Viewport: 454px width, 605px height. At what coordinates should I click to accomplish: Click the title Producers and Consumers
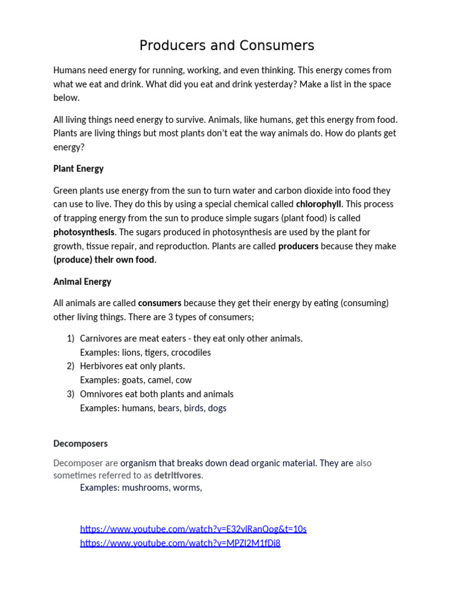tap(226, 45)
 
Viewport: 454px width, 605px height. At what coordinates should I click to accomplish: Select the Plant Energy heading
tap(78, 168)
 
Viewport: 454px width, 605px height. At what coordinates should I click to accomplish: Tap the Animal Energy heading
tap(82, 282)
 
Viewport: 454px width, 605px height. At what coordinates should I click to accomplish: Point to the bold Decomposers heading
tap(80, 443)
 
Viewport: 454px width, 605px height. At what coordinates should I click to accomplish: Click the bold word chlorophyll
tap(319, 204)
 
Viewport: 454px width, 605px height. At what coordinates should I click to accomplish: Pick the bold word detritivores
tap(177, 476)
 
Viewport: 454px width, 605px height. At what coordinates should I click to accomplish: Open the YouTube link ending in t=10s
tap(193, 529)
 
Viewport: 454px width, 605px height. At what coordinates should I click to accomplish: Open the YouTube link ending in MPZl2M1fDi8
tap(180, 543)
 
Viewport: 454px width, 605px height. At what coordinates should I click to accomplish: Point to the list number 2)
tap(70, 366)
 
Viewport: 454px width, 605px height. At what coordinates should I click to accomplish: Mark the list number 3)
tap(70, 394)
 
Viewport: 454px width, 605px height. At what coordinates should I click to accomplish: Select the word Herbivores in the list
tap(102, 366)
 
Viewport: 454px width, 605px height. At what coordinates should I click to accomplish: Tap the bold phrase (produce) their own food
tap(105, 260)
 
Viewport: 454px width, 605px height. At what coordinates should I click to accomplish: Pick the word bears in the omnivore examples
tap(168, 408)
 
